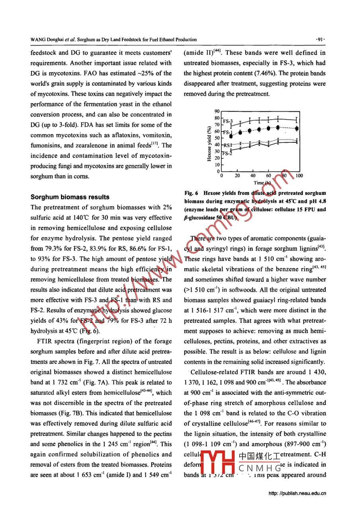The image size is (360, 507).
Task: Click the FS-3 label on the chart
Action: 227,121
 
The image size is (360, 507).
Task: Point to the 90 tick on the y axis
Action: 217,112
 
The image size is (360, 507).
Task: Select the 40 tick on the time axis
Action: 253,176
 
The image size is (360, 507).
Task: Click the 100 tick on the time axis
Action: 299,176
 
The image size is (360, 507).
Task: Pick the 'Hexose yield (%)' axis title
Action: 209,144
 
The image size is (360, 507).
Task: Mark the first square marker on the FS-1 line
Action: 231,136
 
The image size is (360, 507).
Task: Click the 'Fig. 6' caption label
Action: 191,193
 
